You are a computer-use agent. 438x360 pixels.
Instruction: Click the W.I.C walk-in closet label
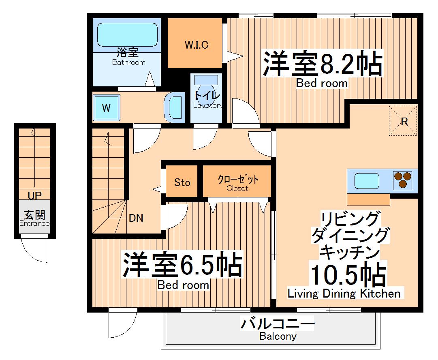(197, 45)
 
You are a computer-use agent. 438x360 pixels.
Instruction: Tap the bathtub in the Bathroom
(128, 35)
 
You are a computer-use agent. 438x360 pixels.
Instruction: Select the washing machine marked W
(107, 108)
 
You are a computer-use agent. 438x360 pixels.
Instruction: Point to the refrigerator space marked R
(403, 121)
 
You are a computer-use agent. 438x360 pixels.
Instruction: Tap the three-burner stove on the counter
(403, 180)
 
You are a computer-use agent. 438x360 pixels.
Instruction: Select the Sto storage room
(182, 182)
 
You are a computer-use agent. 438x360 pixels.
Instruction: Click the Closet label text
(237, 189)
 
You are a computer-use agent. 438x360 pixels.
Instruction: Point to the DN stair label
(136, 218)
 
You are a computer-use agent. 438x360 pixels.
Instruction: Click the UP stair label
(34, 196)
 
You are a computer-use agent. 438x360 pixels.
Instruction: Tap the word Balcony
(278, 336)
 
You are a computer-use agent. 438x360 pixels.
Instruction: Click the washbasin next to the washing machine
(175, 107)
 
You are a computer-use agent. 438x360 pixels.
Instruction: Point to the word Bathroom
(128, 62)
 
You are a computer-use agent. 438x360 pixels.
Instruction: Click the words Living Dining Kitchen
(344, 294)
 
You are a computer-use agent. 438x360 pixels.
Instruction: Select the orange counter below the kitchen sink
(368, 199)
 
